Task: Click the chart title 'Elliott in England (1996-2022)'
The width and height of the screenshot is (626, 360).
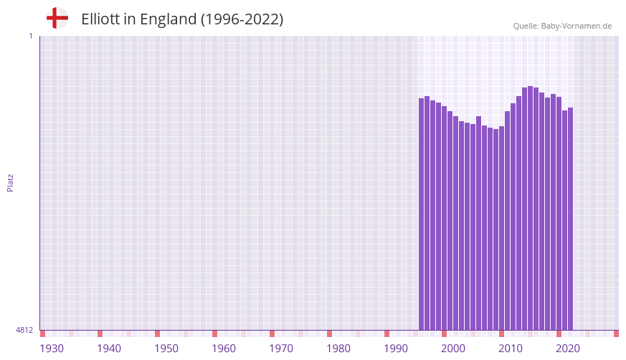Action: (x=182, y=19)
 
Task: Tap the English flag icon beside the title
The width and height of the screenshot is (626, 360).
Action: (x=57, y=18)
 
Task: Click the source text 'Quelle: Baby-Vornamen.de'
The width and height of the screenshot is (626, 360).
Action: (x=562, y=26)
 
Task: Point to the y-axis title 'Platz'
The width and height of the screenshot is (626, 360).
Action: (x=10, y=182)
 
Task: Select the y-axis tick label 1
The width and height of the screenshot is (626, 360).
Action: (x=30, y=36)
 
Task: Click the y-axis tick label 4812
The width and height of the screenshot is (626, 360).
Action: (x=24, y=330)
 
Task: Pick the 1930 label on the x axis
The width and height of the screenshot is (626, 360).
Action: (x=52, y=349)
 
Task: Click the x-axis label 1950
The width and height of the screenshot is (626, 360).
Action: (x=166, y=349)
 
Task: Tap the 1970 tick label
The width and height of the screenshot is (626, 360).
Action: (x=281, y=349)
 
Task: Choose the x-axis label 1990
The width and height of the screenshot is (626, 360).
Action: (x=396, y=349)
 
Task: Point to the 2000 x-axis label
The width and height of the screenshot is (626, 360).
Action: (x=453, y=349)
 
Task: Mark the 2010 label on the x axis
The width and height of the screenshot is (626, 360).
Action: (x=511, y=349)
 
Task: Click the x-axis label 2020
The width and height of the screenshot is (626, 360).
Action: (x=568, y=349)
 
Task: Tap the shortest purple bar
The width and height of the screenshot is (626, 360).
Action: (x=495, y=229)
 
